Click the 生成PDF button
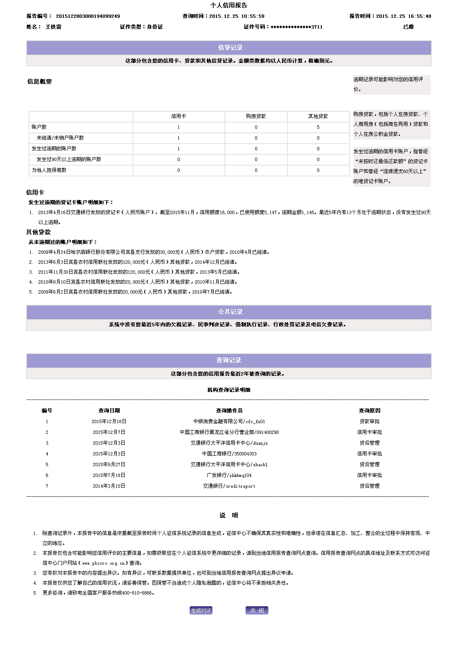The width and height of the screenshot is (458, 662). (201, 610)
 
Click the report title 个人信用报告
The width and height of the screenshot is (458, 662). (229, 5)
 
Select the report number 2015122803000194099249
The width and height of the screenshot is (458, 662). (88, 16)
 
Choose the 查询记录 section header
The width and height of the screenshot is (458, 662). (229, 360)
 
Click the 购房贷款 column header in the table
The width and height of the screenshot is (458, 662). (256, 116)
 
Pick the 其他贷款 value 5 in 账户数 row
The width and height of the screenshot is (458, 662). (318, 127)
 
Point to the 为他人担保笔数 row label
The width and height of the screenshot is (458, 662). (49, 170)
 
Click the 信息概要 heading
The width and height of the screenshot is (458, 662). (40, 82)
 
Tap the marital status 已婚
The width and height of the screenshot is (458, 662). (408, 27)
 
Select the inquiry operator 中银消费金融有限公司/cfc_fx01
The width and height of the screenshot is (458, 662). (229, 421)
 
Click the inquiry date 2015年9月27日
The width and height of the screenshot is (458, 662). (109, 465)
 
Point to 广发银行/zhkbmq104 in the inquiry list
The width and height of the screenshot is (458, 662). (229, 475)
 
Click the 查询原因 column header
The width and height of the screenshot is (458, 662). (369, 411)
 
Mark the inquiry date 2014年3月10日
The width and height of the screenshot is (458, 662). (109, 486)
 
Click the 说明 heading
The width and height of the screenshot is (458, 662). (229, 515)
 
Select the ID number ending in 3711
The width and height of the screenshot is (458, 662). (296, 27)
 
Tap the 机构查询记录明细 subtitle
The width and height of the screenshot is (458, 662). (229, 390)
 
